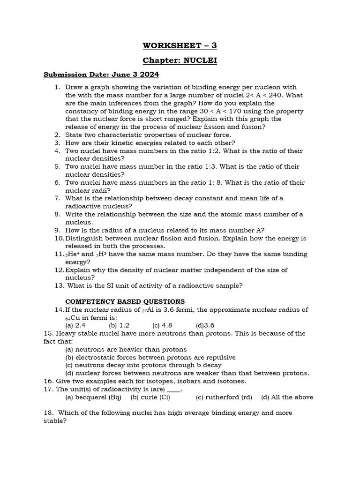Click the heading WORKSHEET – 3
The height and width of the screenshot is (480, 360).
tap(180, 45)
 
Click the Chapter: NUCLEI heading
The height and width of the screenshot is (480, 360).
tap(180, 60)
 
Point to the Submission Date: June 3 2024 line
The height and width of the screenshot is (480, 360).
tap(101, 75)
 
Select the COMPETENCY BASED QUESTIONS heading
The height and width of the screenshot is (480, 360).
tap(125, 301)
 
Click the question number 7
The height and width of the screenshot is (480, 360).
tap(57, 198)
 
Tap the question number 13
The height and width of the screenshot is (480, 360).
tap(59, 285)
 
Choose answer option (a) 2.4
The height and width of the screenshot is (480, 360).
tap(75, 325)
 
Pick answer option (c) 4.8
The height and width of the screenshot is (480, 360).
tap(162, 325)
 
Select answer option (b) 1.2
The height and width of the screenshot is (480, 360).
tap(119, 325)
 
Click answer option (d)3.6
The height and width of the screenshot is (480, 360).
tap(205, 325)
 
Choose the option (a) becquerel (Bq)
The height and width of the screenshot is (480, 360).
tap(93, 397)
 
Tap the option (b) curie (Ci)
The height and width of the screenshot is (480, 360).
tap(150, 397)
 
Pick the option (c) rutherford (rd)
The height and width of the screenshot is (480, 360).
tap(224, 397)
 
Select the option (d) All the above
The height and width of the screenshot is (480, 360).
tap(287, 397)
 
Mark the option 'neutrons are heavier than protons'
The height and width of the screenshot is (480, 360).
tap(126, 349)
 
